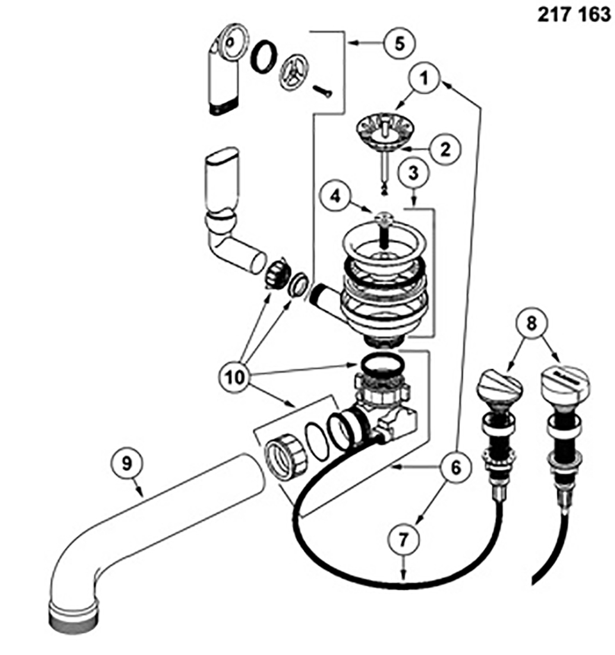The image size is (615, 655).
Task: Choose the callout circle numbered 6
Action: (x=455, y=467)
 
